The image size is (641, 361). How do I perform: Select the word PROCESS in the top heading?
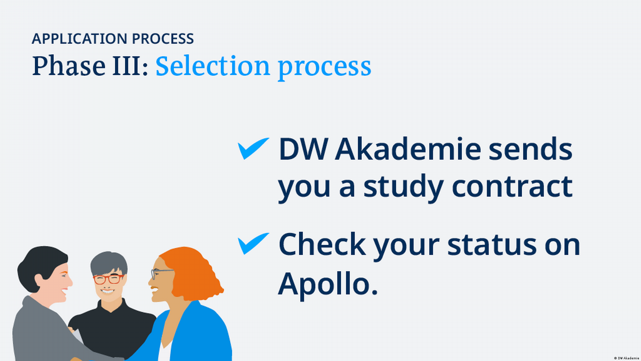163,39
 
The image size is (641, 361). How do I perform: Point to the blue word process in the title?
325,69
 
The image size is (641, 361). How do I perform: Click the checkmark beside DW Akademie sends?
253,148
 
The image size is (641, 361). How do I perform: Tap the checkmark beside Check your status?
253,244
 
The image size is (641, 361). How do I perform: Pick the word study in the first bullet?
404,188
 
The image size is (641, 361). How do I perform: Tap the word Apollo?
328,284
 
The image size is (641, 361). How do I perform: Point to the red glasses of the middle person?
108,279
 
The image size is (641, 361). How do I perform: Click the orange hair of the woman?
194,272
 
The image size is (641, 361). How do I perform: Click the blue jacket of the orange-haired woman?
197,334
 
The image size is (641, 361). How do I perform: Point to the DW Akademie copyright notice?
626,358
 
